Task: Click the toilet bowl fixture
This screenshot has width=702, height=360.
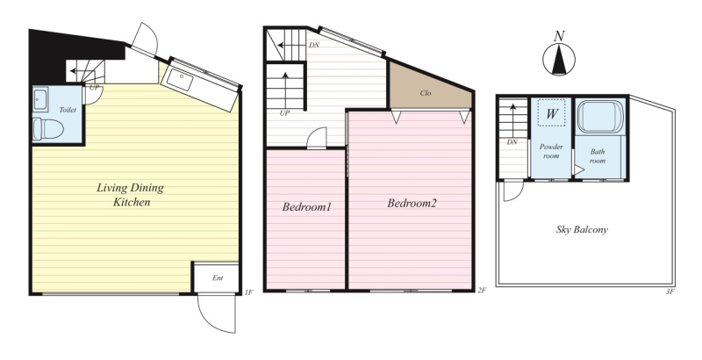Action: coord(47,128)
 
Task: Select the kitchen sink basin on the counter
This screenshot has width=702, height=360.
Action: coord(180,80)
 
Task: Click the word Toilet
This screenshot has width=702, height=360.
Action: coord(68,110)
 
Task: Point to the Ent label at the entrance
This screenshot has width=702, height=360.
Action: coord(218,278)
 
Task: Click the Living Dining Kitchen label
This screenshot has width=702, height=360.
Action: coord(131,195)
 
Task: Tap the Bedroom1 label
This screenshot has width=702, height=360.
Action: coord(306,207)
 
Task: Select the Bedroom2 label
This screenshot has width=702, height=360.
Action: coord(412,204)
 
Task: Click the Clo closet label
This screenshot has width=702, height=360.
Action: coord(426,93)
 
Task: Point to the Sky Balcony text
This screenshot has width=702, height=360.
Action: coord(582,230)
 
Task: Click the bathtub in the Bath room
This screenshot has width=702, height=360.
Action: coord(600,117)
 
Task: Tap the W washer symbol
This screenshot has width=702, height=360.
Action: coord(552,114)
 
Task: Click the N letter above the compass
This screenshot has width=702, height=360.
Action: coord(559,36)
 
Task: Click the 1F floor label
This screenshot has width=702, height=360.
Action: coord(249,292)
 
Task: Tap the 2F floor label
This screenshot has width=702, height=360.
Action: coord(482,290)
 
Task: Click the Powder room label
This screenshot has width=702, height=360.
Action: coord(551,151)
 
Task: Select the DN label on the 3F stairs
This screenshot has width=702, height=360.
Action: coord(512,142)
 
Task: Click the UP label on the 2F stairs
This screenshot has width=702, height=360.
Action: coord(284,113)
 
